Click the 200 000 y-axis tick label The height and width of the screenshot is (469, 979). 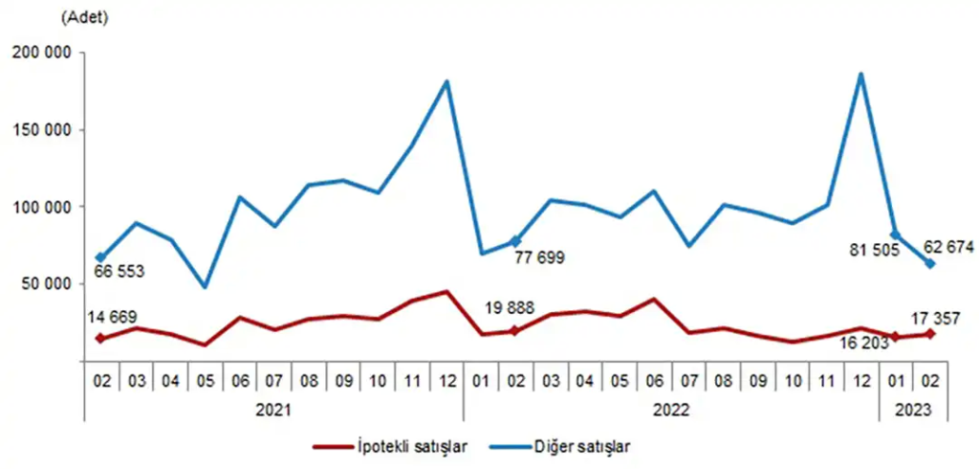(x=44, y=54)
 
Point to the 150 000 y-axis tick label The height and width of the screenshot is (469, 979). (x=44, y=130)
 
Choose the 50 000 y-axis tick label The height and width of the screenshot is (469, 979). (x=48, y=283)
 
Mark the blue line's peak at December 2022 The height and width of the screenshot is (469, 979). (x=861, y=74)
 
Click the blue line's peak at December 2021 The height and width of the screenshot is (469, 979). (x=446, y=81)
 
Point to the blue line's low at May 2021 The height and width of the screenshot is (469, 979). (x=205, y=286)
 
